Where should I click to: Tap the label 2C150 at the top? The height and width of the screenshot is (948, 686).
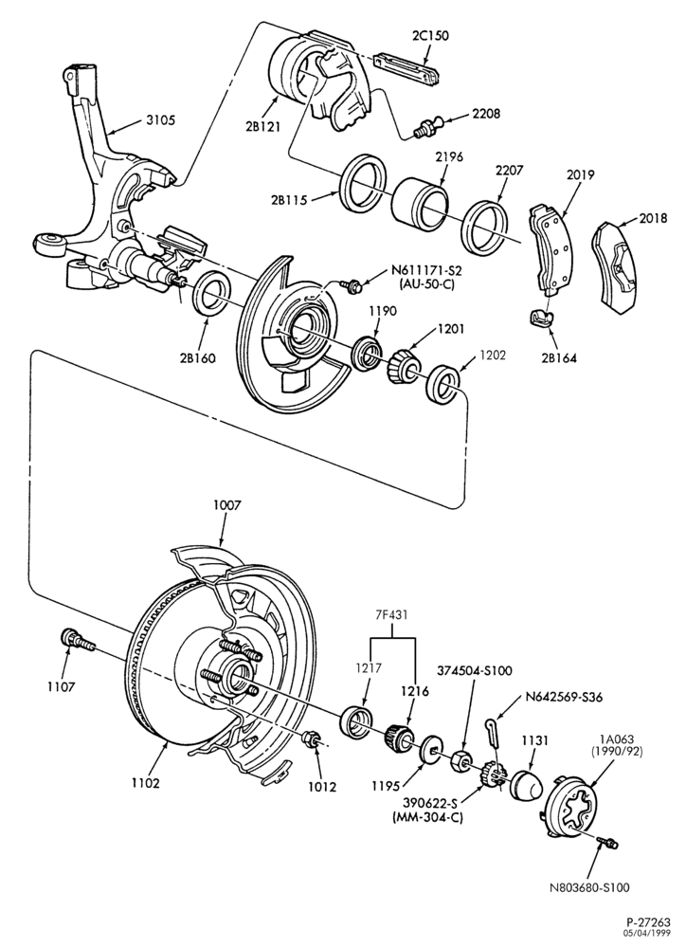(430, 36)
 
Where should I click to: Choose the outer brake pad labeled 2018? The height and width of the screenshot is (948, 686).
(619, 266)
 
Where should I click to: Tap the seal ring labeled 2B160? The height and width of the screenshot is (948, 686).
(209, 293)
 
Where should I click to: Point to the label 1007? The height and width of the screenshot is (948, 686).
(226, 505)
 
